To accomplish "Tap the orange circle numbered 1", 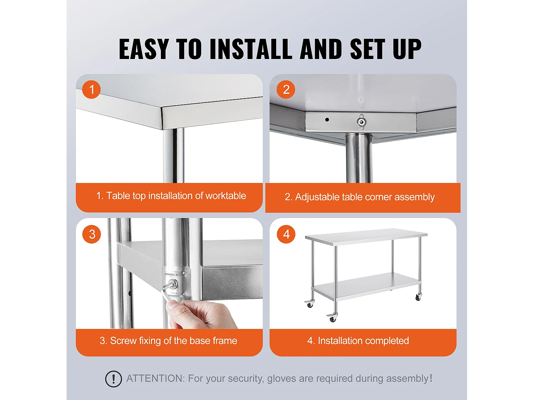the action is [91, 89].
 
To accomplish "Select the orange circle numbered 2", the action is [286, 89].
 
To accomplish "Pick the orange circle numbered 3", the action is [92, 234].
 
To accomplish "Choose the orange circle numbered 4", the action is [286, 234].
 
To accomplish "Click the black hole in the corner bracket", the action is [327, 119].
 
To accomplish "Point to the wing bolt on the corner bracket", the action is [361, 122].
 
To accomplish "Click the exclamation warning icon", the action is [113, 379].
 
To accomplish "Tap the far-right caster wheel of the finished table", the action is [418, 297].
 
